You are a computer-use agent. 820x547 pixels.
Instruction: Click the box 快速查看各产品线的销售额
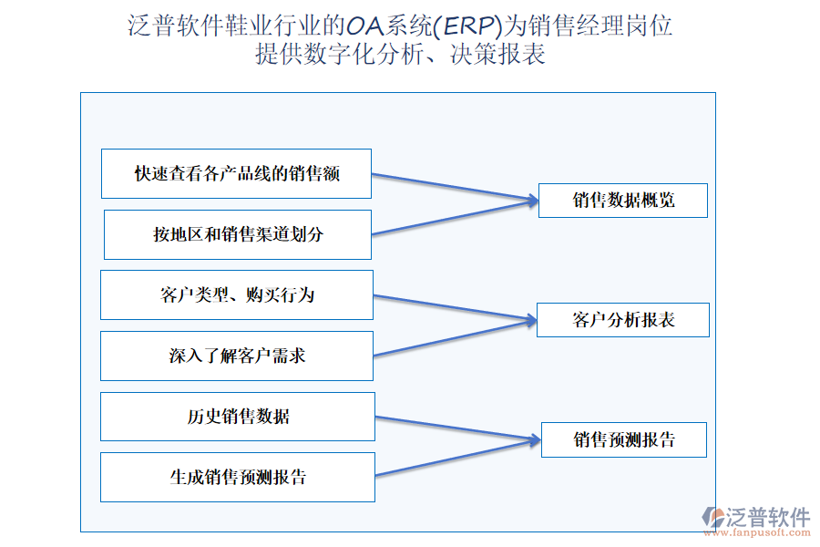tap(237, 173)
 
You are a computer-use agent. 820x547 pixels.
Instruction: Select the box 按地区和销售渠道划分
tap(238, 234)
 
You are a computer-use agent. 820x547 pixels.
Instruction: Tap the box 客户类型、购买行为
tap(237, 294)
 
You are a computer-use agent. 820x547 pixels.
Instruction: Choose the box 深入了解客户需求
tap(237, 356)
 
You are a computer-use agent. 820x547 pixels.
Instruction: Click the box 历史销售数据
tap(238, 417)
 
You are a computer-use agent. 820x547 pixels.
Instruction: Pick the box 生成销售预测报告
tap(238, 477)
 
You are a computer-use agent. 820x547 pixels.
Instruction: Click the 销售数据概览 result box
tap(623, 201)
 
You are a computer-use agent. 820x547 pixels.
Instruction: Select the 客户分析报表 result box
tap(623, 320)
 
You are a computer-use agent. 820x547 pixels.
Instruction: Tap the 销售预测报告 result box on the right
tap(624, 440)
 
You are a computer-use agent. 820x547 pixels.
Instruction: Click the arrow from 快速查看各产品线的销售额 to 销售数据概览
tap(454, 186)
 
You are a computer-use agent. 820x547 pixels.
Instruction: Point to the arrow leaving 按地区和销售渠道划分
tap(454, 217)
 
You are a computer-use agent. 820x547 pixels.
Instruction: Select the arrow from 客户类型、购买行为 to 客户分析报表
tap(454, 308)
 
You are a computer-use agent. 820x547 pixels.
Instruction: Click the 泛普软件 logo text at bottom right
tap(768, 517)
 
